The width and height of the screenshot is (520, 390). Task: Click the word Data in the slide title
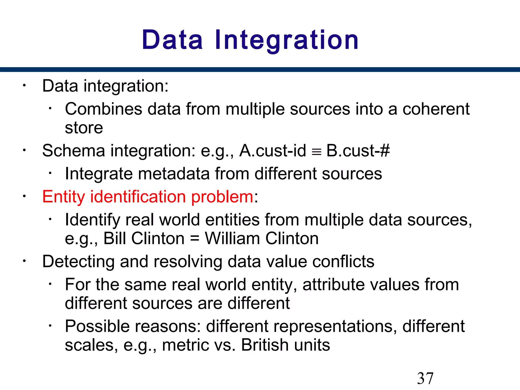point(172,40)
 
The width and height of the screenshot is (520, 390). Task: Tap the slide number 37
point(425,378)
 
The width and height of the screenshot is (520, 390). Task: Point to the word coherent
point(436,109)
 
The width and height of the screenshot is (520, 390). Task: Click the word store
point(84,128)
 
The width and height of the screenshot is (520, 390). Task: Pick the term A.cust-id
point(273,151)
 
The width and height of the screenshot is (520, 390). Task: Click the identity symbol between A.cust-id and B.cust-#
point(316,152)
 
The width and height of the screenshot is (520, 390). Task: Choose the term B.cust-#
point(358,151)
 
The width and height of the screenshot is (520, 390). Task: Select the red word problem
point(222,197)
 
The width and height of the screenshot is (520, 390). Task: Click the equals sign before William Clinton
point(194,239)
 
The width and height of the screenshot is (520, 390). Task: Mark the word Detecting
point(78,262)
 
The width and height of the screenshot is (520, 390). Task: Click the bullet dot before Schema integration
point(24,150)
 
